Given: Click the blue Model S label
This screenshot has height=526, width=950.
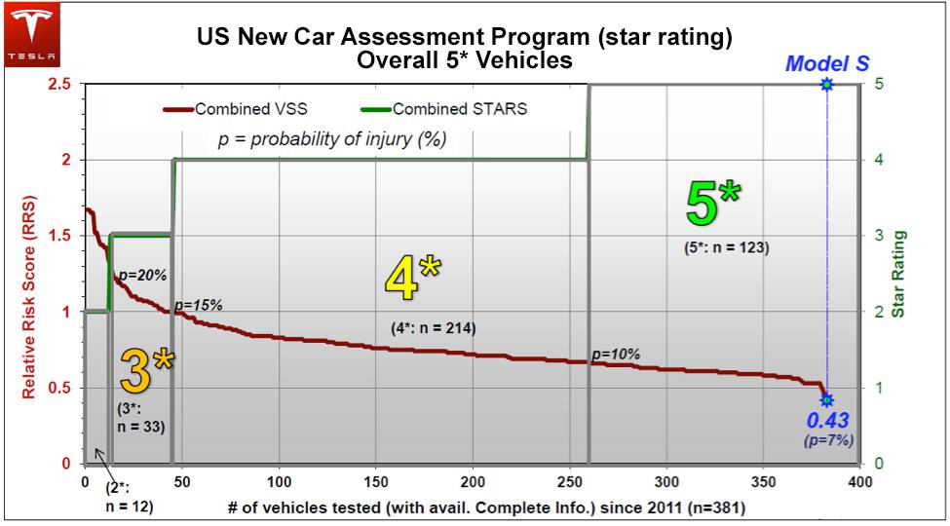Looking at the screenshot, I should [826, 63].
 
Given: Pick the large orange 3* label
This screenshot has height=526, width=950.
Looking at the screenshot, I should [146, 370].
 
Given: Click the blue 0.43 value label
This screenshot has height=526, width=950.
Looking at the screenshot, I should [826, 421].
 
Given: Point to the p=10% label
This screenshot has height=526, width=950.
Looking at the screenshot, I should [615, 355].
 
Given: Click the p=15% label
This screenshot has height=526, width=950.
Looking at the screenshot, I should [199, 306].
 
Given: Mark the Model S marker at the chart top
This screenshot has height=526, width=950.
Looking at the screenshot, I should [826, 85].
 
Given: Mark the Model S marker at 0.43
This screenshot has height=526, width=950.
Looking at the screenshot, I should [826, 399].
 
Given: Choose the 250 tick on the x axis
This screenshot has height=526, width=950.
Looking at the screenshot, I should [570, 482].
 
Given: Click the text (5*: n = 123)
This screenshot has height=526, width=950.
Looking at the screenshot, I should [726, 247].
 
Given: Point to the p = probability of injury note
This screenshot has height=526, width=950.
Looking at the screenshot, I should [330, 139].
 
